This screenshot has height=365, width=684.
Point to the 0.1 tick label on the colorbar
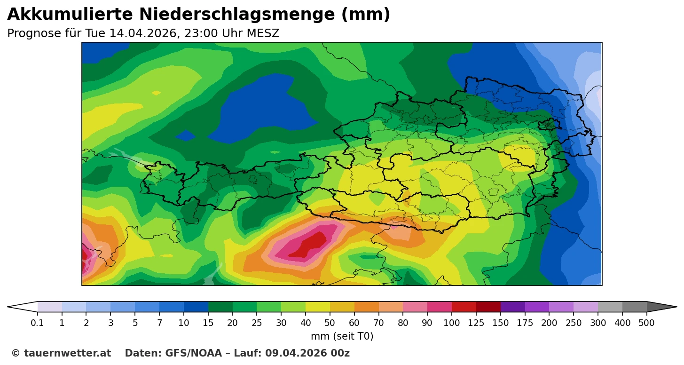(x=38, y=323)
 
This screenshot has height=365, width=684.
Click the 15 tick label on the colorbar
(x=208, y=323)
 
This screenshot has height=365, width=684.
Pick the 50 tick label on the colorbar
(x=330, y=323)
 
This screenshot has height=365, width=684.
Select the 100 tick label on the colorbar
(x=452, y=323)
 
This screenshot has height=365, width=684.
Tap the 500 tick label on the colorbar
(x=647, y=323)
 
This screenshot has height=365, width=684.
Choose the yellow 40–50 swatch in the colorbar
(x=318, y=307)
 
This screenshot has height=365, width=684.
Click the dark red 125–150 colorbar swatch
(x=488, y=307)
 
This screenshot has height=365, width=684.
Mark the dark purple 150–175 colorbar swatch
(x=513, y=307)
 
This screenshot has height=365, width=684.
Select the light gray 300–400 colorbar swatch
(x=610, y=307)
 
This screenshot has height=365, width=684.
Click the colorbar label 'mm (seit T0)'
(x=342, y=336)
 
